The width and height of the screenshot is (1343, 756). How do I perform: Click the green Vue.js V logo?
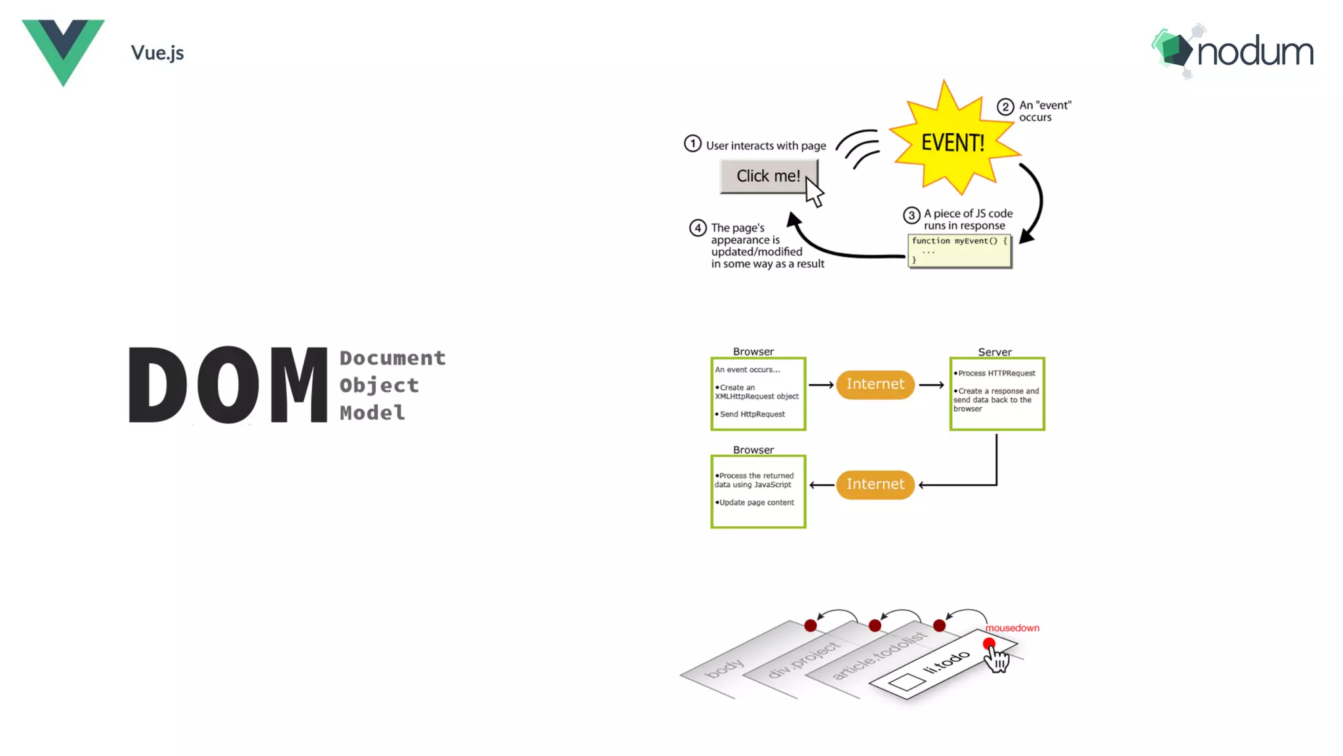(x=63, y=49)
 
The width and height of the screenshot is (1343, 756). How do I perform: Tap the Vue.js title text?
(x=157, y=52)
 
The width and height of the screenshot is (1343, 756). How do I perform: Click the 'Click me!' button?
(x=768, y=176)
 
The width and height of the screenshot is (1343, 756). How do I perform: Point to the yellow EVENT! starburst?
(x=952, y=142)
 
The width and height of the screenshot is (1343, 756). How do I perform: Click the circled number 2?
(x=1005, y=107)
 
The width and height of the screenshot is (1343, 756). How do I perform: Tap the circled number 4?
(x=698, y=228)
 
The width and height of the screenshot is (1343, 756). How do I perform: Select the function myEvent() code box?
(x=959, y=250)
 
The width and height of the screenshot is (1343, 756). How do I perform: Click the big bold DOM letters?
(x=228, y=385)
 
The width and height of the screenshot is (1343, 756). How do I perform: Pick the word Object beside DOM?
(x=379, y=385)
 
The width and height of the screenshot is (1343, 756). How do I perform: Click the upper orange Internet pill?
(x=875, y=384)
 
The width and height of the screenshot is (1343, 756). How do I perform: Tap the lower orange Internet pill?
(x=875, y=484)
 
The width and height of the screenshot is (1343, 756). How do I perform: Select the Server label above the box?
(x=995, y=352)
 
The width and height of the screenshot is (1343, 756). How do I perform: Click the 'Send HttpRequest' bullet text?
(x=752, y=414)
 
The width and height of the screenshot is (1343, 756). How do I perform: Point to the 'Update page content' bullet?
(x=756, y=503)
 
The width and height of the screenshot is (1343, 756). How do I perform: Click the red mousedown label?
(x=1012, y=628)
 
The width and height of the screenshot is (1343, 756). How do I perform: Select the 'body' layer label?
(x=724, y=669)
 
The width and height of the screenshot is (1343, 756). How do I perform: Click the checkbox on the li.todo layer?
(x=907, y=682)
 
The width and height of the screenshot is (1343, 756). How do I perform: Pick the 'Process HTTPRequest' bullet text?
(x=997, y=373)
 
